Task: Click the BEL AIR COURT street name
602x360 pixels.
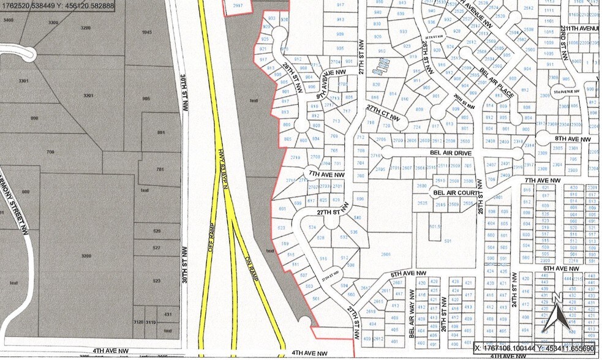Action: [456, 192]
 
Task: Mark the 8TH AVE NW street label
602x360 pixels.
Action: [572, 139]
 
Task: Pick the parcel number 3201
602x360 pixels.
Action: [88, 96]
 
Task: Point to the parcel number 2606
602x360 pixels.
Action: [385, 253]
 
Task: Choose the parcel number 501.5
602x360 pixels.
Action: [435, 226]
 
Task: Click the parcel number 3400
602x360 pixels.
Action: [8, 20]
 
